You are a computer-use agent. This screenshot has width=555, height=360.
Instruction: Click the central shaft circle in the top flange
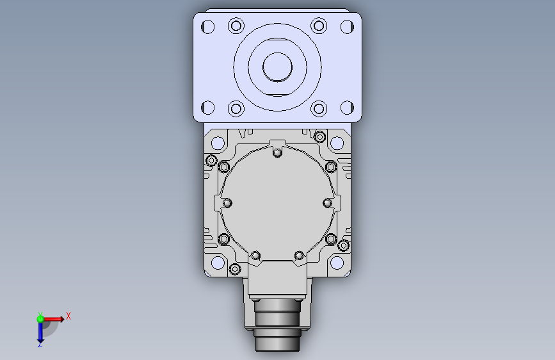click(x=278, y=67)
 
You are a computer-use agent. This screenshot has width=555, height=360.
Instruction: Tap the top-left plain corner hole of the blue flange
click(x=208, y=27)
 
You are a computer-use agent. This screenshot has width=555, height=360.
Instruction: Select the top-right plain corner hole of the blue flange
click(x=347, y=27)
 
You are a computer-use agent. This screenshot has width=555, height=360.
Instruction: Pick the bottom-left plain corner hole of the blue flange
click(x=208, y=108)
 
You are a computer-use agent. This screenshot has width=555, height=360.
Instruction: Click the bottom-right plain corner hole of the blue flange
click(x=347, y=108)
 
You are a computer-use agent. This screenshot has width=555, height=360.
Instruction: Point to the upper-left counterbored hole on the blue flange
click(x=236, y=26)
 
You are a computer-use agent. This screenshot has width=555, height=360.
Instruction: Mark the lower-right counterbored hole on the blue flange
click(x=319, y=109)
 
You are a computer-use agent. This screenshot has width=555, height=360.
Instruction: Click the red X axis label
click(x=68, y=316)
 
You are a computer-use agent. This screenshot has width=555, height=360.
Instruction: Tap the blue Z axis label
click(x=40, y=344)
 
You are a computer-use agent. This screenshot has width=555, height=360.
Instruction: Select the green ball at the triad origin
click(x=40, y=319)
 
